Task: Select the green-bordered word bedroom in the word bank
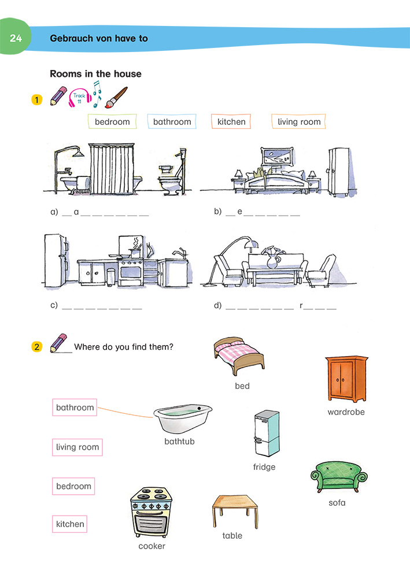pyautogui.click(x=112, y=122)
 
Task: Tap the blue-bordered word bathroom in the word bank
pyautogui.click(x=172, y=122)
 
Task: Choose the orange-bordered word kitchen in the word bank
pyautogui.click(x=231, y=122)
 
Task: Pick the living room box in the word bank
pyautogui.click(x=298, y=122)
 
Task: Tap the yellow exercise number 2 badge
pyautogui.click(x=37, y=347)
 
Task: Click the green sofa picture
pyautogui.click(x=339, y=477)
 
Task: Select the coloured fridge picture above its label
pyautogui.click(x=266, y=434)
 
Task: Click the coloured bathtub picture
pyautogui.click(x=182, y=419)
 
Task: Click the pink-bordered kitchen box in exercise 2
pyautogui.click(x=70, y=525)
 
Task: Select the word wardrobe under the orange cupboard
pyautogui.click(x=346, y=412)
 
